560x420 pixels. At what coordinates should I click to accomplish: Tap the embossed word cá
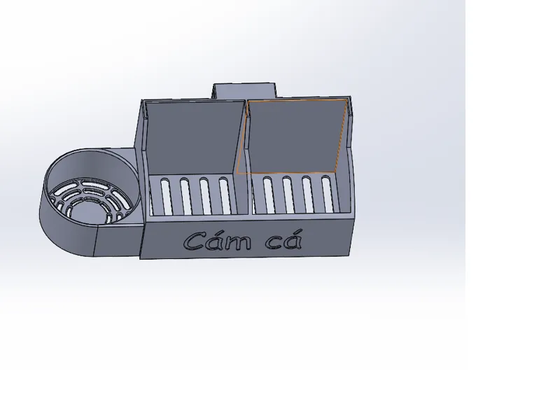(284, 239)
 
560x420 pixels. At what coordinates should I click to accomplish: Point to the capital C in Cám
(196, 241)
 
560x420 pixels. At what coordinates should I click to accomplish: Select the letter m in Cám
(239, 243)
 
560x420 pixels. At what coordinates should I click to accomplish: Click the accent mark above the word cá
(297, 232)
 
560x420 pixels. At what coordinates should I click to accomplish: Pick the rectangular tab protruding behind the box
(245, 91)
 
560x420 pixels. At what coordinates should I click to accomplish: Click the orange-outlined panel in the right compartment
(292, 136)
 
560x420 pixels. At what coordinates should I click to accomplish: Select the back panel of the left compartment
(195, 137)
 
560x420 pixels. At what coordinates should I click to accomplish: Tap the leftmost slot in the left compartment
(166, 196)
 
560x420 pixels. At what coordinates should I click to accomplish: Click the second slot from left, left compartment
(185, 196)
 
